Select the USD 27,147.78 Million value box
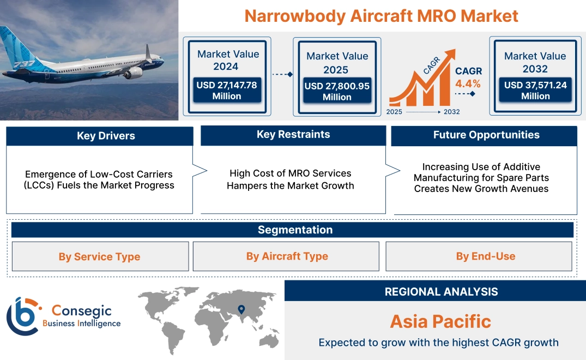tap(226, 91)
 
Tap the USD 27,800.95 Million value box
tap(337, 91)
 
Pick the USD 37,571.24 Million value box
tap(535, 91)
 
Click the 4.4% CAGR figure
tap(468, 83)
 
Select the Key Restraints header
tap(293, 135)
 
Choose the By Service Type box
tap(100, 256)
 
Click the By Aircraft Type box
tap(287, 256)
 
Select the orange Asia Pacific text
tap(440, 321)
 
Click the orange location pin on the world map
tap(240, 310)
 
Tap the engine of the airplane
tap(132, 73)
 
